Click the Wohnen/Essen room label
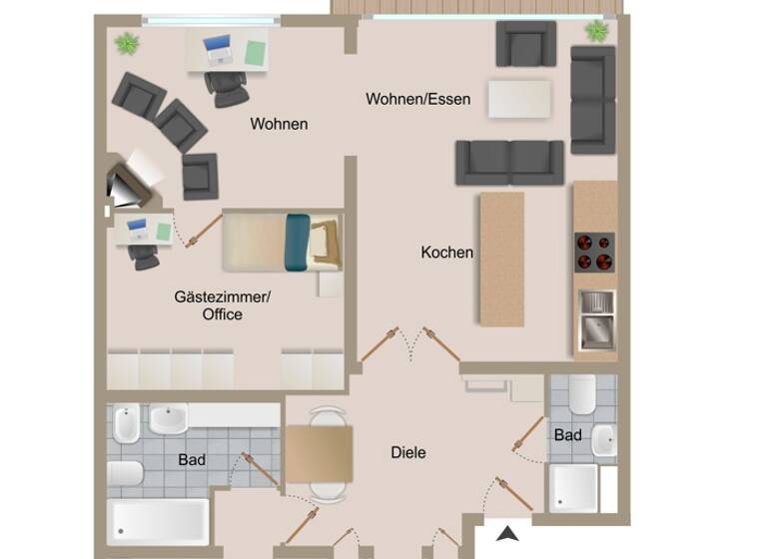417,99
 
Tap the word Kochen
446,253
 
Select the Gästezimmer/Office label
222,305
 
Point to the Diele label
407,452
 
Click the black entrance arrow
509,535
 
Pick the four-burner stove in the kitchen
593,253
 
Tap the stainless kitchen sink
596,319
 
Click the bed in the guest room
282,242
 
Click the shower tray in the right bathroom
574,488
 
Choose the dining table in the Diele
320,452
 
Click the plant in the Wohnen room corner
127,44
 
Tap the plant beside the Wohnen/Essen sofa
596,31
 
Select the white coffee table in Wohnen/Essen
519,99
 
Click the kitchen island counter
501,259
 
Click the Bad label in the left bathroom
192,460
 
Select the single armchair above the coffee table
525,44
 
